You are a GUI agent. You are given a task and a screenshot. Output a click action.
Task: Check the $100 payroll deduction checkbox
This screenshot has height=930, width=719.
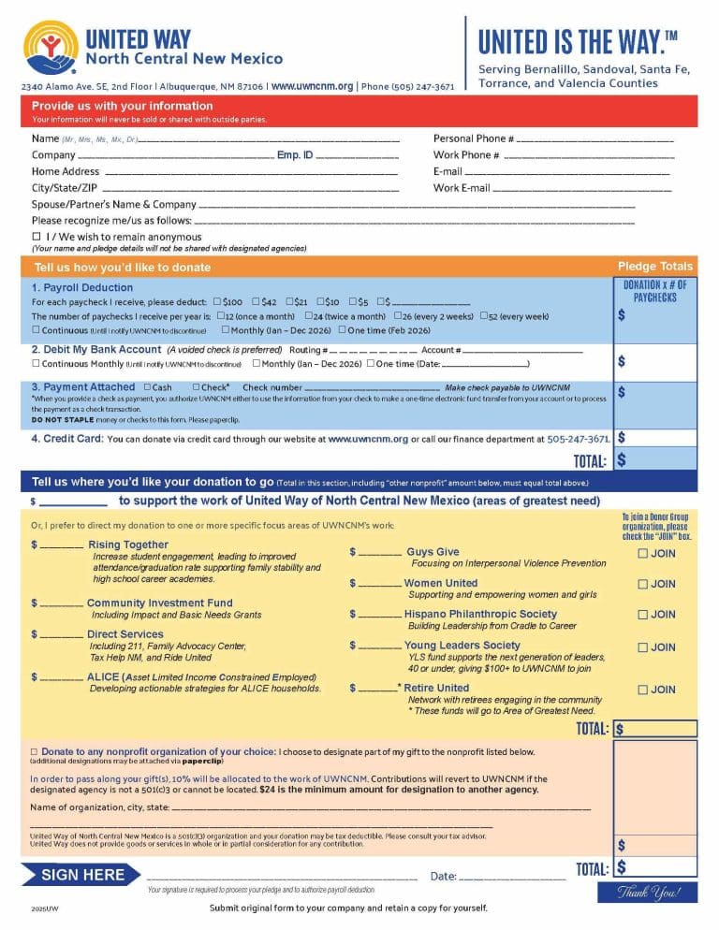[217, 301]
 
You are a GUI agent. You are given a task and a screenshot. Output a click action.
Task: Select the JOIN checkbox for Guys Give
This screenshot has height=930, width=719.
[642, 554]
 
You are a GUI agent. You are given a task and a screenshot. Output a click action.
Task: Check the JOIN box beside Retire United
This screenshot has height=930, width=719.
[642, 690]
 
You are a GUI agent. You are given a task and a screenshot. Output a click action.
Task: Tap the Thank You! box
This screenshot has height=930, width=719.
[647, 892]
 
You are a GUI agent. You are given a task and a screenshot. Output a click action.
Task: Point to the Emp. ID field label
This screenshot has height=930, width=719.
[295, 154]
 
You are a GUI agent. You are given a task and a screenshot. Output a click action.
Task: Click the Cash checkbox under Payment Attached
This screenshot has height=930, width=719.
[148, 386]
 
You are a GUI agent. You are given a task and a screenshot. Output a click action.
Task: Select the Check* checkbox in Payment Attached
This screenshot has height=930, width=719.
[196, 386]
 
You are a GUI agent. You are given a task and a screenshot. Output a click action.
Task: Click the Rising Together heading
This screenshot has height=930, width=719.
[128, 545]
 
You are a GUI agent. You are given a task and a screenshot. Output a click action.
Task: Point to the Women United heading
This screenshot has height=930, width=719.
[440, 583]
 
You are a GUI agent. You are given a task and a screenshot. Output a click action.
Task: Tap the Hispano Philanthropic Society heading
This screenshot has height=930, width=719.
[480, 614]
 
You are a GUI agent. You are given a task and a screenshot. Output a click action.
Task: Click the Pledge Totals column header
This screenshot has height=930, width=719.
[655, 267]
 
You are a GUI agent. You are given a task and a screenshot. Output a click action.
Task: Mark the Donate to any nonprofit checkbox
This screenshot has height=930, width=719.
[35, 751]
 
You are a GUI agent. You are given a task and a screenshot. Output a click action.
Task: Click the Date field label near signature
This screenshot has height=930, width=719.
[443, 877]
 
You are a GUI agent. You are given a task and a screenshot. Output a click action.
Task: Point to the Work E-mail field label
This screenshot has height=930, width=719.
[462, 188]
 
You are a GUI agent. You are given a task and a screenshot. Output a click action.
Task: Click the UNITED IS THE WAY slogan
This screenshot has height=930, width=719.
[578, 42]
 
